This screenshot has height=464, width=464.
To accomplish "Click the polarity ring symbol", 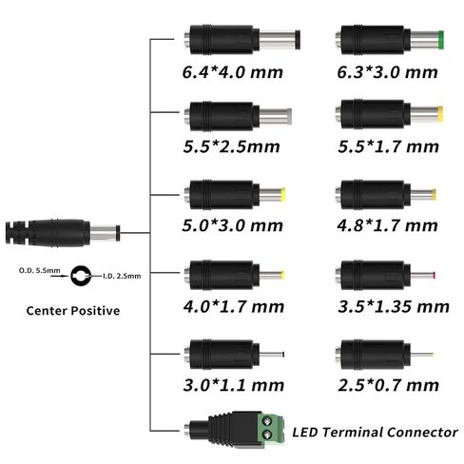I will pos(82,275).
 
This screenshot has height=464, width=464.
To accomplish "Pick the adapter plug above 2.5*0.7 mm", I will pos(384,357).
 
